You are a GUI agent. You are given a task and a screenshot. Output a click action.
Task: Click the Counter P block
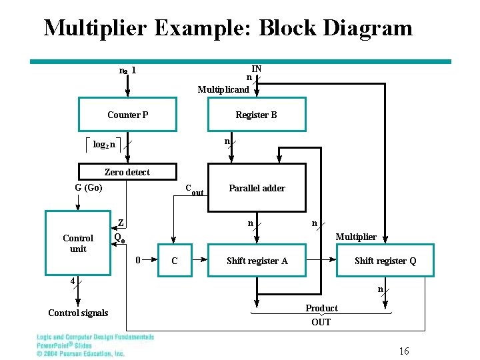127,115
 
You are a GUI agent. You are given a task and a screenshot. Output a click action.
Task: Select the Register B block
256,115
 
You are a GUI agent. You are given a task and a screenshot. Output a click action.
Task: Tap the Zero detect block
127,172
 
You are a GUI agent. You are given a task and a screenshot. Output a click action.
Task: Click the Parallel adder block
257,188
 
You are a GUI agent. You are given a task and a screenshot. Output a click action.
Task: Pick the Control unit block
78,243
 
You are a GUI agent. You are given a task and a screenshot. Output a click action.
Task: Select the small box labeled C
175,261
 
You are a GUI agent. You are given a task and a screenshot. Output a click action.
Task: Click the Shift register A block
257,261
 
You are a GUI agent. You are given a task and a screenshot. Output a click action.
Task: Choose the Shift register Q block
385,261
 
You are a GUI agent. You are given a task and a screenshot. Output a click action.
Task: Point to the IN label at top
256,69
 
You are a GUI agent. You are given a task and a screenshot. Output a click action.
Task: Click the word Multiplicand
223,89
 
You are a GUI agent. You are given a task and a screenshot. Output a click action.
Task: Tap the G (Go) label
89,188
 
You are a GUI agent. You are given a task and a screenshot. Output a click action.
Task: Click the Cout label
194,190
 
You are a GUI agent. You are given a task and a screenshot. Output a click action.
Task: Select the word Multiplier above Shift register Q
355,237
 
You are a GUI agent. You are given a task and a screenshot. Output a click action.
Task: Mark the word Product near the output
321,308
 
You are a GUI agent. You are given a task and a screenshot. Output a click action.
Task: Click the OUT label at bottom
321,322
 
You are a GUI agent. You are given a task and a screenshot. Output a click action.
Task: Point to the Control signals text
78,313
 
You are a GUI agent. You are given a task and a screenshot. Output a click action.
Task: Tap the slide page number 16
404,351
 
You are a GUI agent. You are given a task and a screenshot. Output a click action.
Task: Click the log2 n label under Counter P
103,144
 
